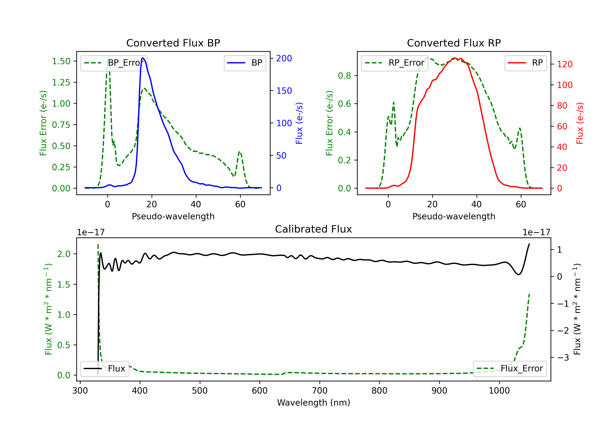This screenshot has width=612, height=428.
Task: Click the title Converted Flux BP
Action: [173, 43]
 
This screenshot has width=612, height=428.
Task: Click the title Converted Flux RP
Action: [454, 43]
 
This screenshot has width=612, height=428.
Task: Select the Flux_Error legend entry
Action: [509, 369]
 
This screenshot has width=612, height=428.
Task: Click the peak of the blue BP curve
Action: [143, 58]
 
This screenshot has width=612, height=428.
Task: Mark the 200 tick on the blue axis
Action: [284, 58]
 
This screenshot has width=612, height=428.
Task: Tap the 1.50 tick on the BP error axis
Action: [61, 61]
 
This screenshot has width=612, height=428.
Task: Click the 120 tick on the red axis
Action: [564, 64]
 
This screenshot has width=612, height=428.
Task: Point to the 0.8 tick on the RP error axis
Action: [344, 76]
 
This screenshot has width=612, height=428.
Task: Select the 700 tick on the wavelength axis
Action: [320, 391]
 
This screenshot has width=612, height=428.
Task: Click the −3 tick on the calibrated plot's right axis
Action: [563, 357]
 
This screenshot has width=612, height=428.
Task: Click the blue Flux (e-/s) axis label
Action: [299, 123]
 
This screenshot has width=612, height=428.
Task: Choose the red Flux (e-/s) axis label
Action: [580, 123]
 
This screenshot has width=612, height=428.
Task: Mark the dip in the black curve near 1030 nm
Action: [518, 274]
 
